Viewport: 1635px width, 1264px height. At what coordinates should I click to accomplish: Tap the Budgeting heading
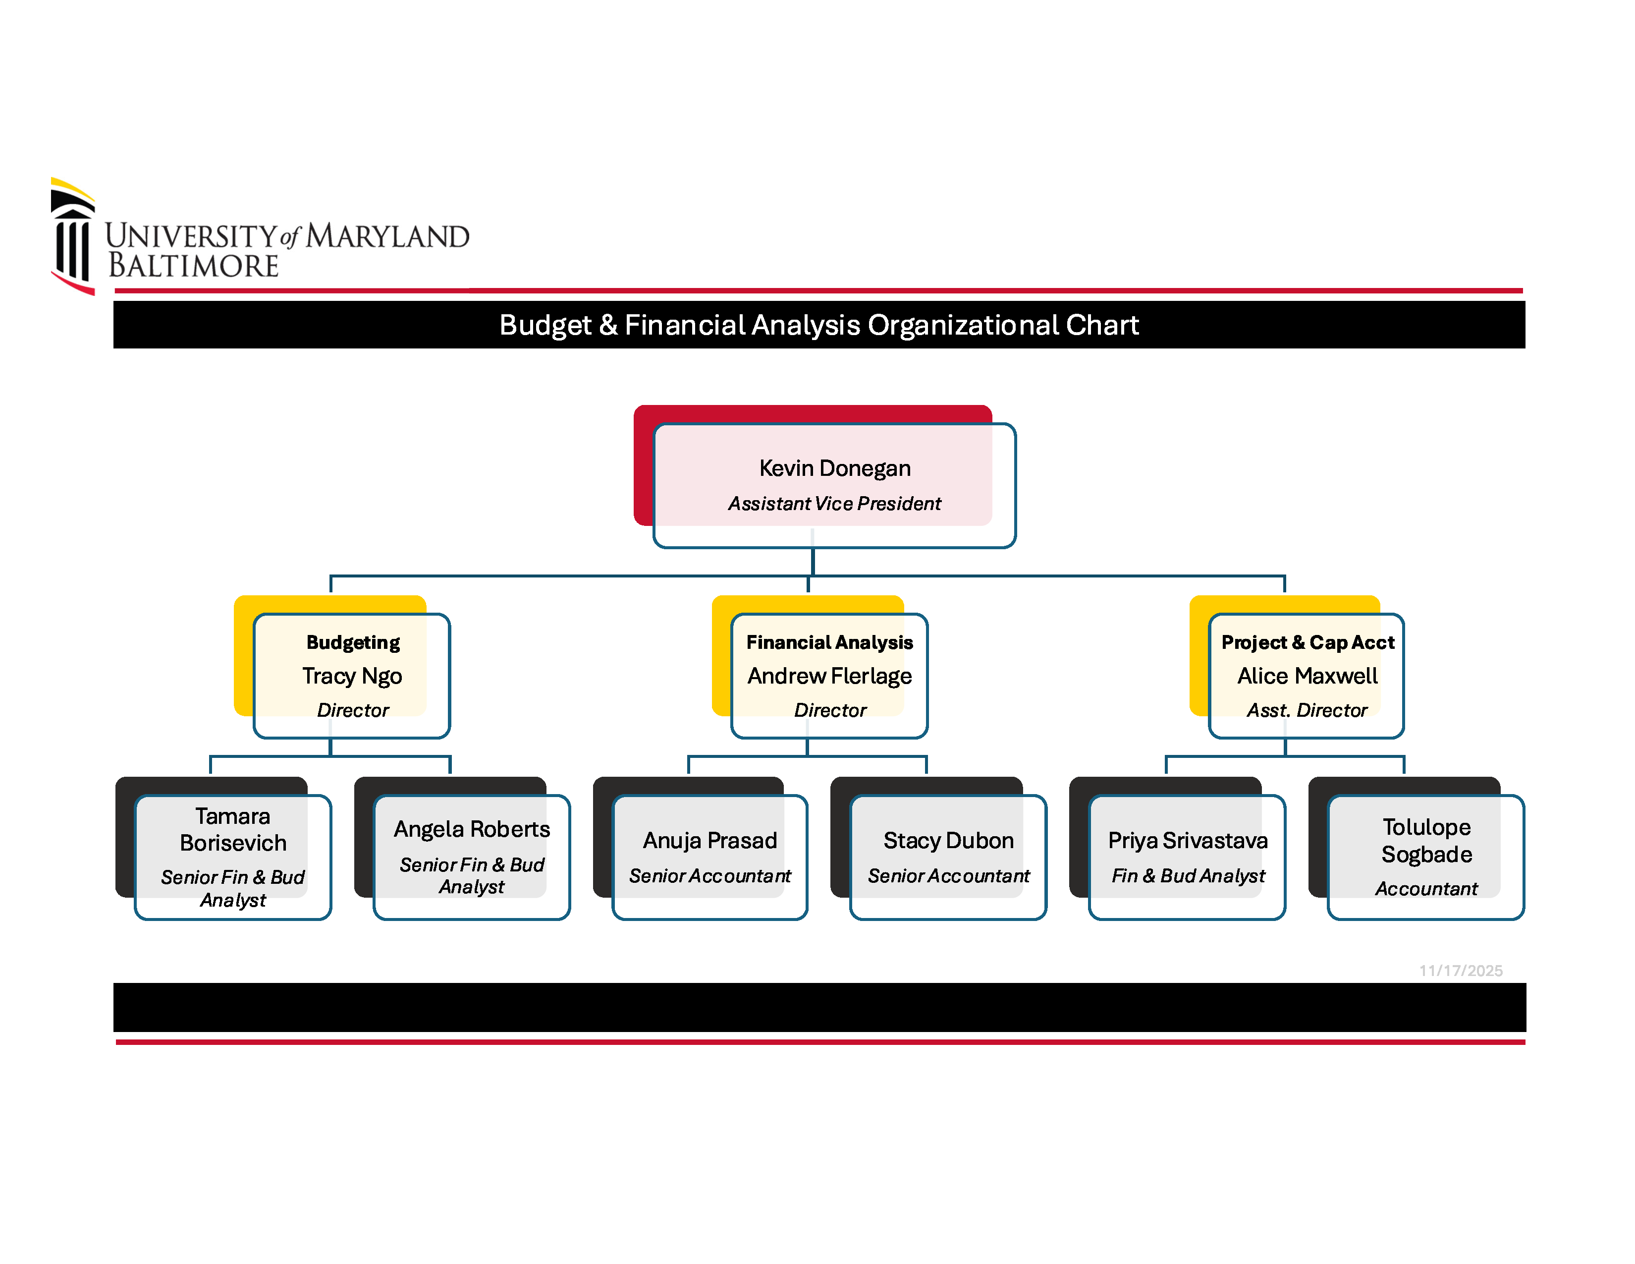(353, 642)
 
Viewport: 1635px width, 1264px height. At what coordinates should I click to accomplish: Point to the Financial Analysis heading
(829, 642)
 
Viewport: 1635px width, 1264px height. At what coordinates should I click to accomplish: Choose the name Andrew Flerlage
(829, 676)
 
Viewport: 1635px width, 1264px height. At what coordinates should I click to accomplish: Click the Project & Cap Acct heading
(1307, 642)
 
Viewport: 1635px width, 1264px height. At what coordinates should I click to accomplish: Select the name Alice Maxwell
(1307, 676)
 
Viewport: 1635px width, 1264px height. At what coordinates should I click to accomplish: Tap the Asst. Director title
(1307, 710)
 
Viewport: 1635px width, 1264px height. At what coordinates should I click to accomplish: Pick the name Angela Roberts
(472, 829)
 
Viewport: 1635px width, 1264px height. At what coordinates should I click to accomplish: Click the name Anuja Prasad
(709, 840)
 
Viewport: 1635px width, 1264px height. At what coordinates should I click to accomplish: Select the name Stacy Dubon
(948, 840)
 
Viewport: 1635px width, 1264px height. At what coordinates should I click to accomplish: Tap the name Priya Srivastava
(1187, 840)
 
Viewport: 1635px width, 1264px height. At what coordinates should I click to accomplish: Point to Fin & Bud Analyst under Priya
(1187, 875)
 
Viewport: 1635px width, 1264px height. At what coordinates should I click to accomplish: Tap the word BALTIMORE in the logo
(193, 266)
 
